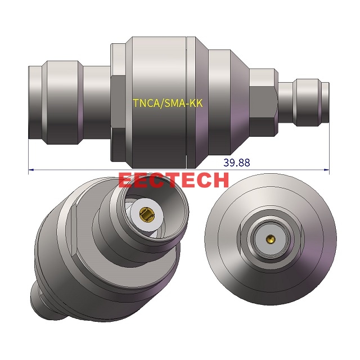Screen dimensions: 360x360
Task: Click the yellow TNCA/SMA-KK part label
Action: click(168, 103)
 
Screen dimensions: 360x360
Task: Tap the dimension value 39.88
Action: click(236, 163)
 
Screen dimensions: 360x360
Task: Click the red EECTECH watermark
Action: click(174, 179)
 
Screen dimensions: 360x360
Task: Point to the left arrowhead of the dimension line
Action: click(31, 169)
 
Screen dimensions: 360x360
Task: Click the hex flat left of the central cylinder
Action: click(118, 101)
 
